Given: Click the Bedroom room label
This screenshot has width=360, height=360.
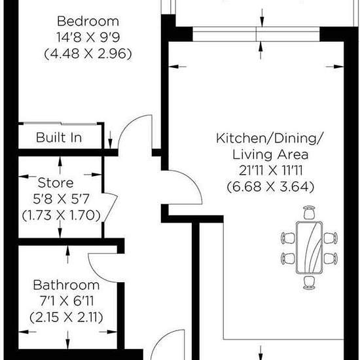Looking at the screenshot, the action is [88, 21].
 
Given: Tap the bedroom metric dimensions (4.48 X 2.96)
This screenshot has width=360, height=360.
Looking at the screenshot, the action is [88, 54].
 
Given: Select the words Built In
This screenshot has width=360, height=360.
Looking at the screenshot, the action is [59, 137].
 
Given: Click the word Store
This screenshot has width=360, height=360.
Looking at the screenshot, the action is [56, 183].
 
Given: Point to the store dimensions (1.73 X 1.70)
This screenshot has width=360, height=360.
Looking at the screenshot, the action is [62, 215].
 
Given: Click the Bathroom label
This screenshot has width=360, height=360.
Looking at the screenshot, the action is [66, 285].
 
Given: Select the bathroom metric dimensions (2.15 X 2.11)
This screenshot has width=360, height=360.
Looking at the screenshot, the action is [66, 317].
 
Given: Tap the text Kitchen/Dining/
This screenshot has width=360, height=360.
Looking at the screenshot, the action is [270, 139].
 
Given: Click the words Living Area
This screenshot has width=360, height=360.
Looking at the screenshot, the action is [270, 154].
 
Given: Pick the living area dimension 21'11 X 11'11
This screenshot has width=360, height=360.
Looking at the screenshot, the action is [271, 171].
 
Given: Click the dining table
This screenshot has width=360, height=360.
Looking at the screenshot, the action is [309, 247].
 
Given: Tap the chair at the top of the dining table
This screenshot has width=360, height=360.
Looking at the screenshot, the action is [309, 212].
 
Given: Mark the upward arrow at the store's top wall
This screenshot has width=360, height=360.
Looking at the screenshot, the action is [60, 166].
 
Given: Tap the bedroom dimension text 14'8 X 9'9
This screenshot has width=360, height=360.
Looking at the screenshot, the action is [88, 37].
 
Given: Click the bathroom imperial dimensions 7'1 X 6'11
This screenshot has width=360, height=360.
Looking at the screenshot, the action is [67, 301].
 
